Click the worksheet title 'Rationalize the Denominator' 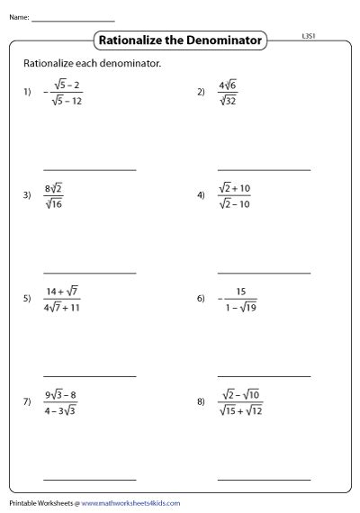[180, 40]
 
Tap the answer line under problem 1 [90, 169]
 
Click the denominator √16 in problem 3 [53, 203]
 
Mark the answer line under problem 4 [264, 273]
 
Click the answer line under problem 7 [90, 480]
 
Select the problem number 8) [201, 401]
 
